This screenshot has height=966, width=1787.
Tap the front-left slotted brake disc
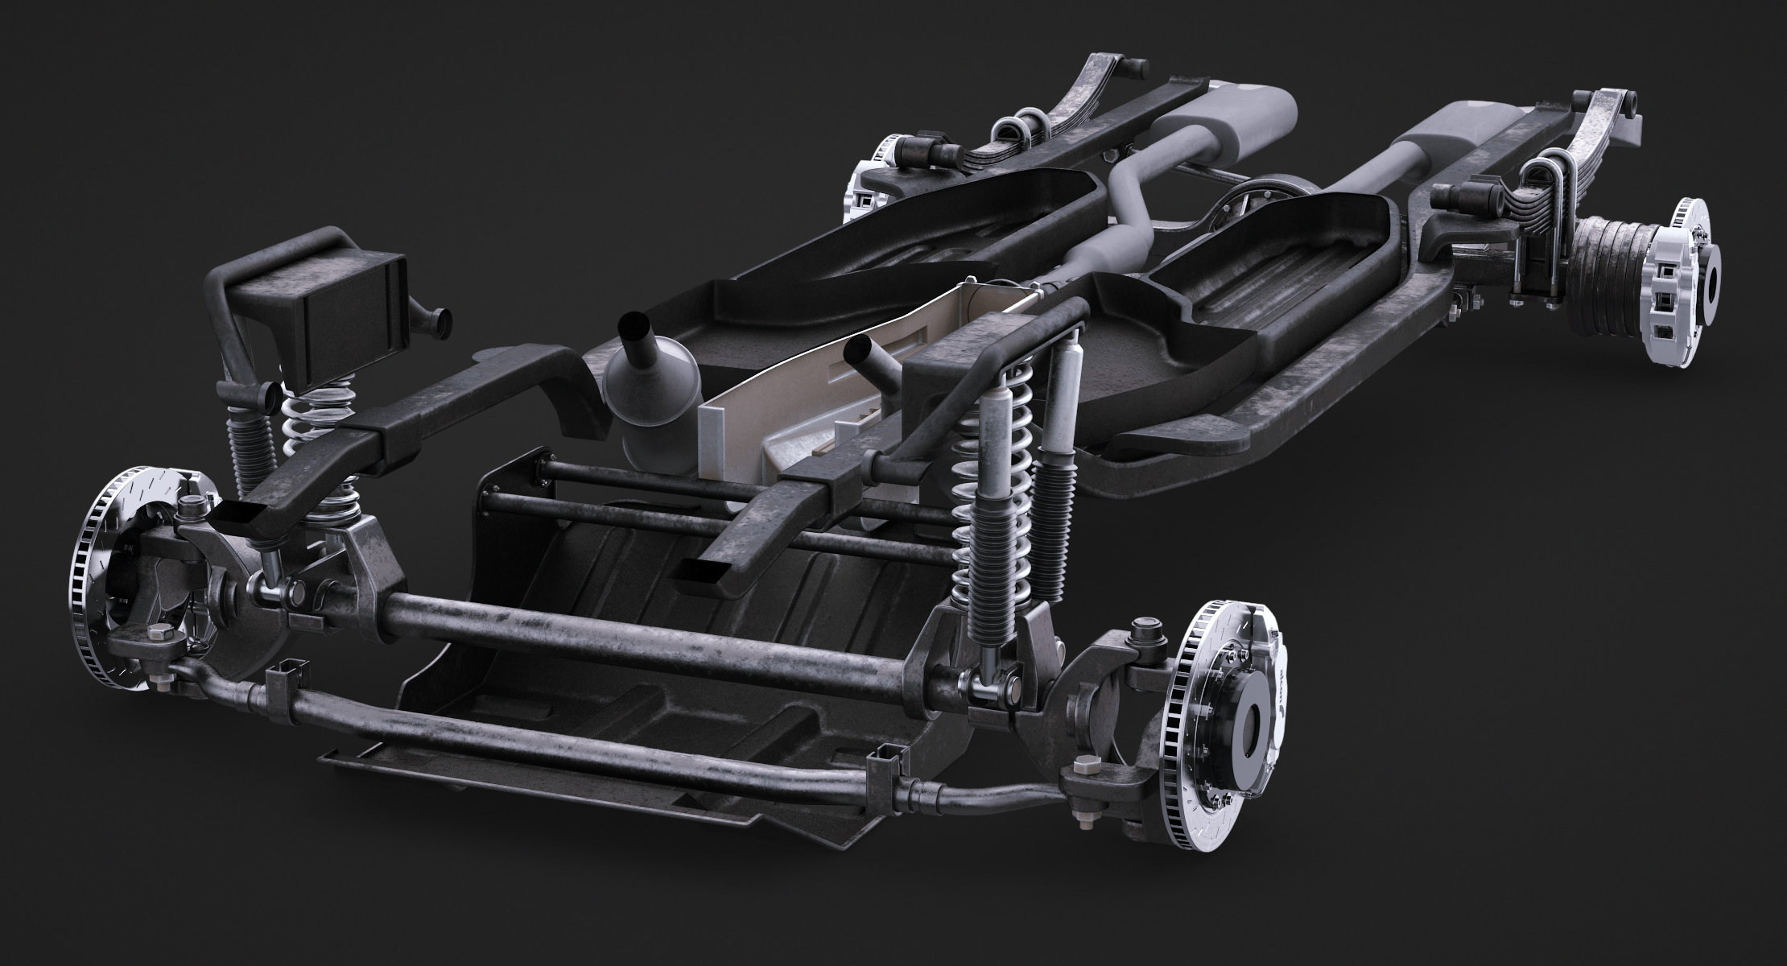click(101, 580)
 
